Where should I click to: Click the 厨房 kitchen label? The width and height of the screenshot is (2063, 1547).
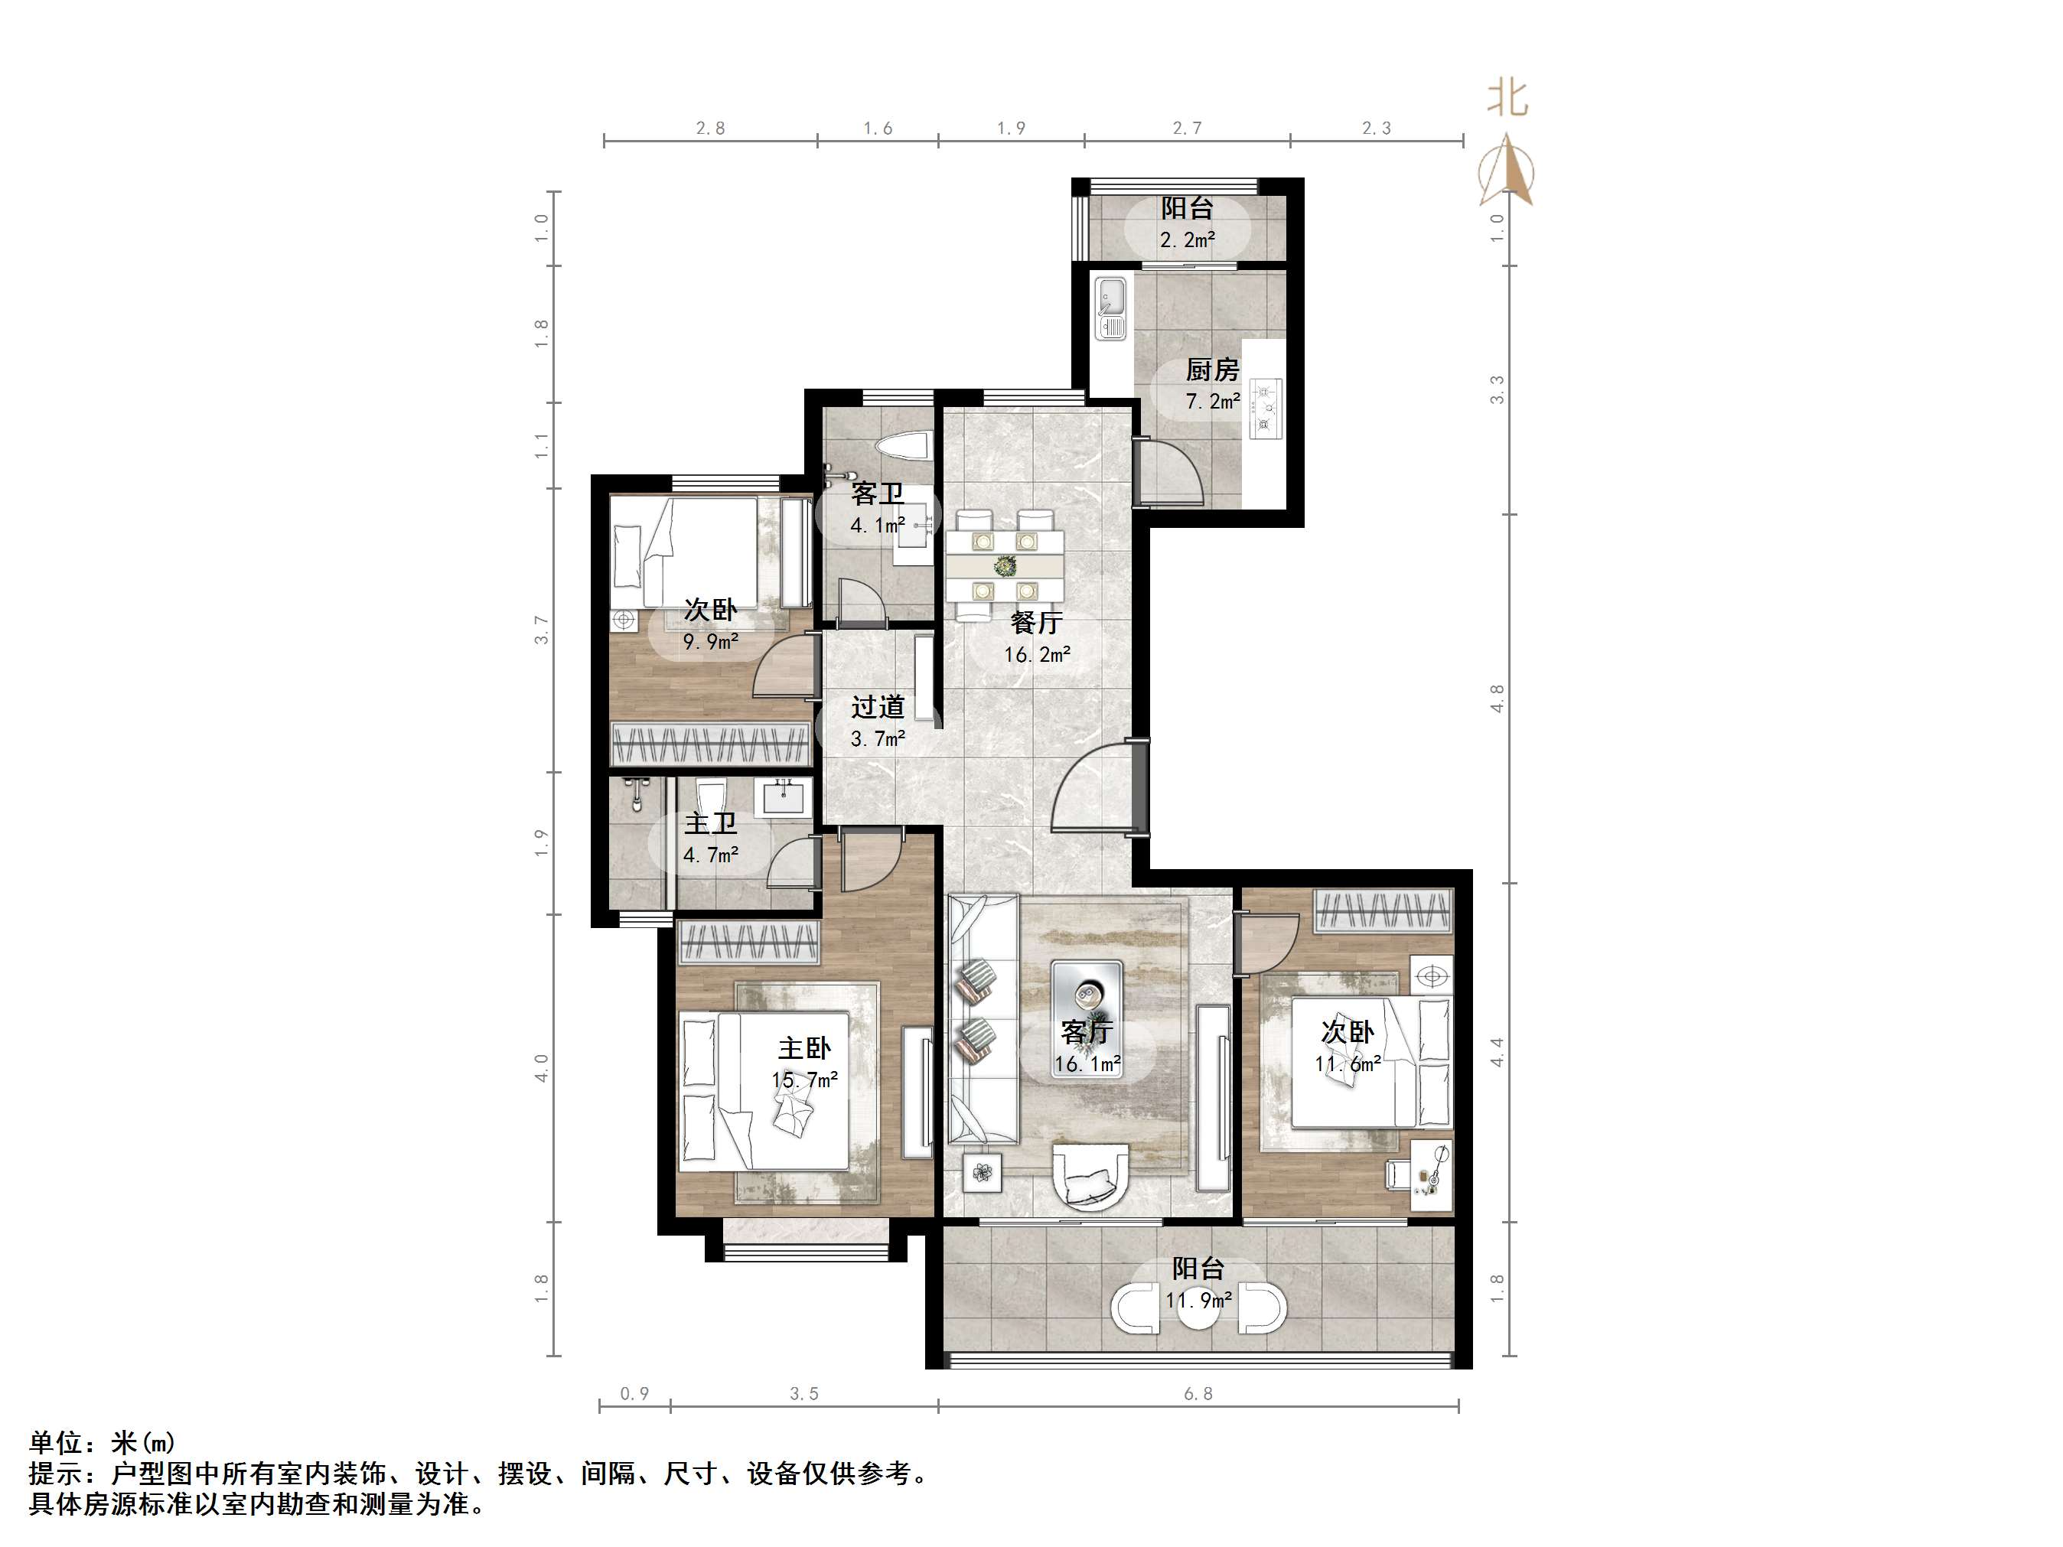[1211, 370]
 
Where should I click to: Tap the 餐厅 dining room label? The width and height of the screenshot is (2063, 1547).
[1036, 622]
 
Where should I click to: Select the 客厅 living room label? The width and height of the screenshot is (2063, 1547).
[1087, 1031]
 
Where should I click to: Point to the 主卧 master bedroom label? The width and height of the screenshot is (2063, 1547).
[804, 1048]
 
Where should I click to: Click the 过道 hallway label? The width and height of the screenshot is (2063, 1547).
[878, 707]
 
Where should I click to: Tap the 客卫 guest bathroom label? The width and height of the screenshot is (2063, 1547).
[878, 493]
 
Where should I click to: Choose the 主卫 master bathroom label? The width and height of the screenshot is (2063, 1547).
[711, 822]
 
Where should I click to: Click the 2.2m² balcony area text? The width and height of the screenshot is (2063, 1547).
[1188, 239]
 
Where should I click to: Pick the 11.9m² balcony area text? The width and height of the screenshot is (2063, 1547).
[1198, 1300]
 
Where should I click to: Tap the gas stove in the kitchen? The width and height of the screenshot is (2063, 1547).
[1266, 406]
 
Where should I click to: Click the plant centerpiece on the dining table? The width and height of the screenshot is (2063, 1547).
[1005, 565]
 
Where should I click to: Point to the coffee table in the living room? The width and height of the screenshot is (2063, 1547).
[1087, 1018]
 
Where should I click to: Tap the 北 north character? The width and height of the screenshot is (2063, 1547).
[1507, 97]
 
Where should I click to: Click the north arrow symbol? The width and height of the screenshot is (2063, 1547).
[1505, 170]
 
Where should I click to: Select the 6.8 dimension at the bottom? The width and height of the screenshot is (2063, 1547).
[1198, 1393]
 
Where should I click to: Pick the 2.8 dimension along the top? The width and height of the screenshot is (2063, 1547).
[710, 128]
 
